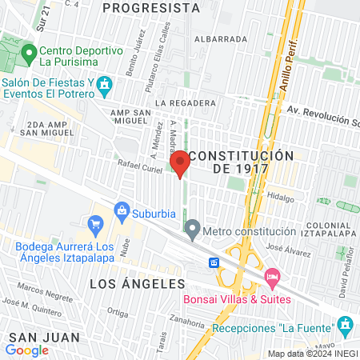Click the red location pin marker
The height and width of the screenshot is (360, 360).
(x=180, y=163)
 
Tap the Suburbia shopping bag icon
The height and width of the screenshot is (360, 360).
(x=122, y=211)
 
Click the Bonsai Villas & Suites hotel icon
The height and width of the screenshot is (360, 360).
(x=272, y=278)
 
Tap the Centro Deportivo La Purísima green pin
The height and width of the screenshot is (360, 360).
(x=30, y=54)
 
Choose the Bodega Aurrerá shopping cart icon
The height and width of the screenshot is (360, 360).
(x=96, y=224)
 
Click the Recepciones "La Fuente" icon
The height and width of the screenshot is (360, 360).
(x=345, y=324)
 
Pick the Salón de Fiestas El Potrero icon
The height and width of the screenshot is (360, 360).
(x=104, y=84)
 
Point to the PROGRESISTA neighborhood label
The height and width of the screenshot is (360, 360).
(x=151, y=8)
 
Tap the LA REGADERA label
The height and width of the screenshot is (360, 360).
(x=186, y=103)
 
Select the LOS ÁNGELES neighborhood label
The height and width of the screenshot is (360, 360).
(x=137, y=284)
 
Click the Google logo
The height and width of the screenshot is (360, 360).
(x=26, y=350)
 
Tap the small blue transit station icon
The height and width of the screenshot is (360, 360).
(x=214, y=262)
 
